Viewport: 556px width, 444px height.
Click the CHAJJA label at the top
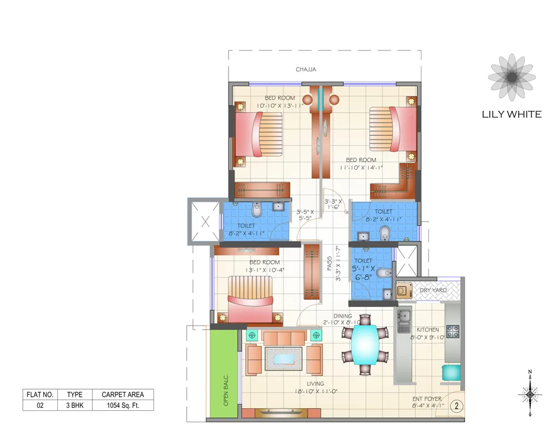coord(306,69)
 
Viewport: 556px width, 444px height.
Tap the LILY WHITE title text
coord(511,114)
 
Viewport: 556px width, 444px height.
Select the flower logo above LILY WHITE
coord(510,77)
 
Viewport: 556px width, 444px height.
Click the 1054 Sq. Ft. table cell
coord(122,405)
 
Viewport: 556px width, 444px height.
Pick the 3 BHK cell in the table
coord(75,405)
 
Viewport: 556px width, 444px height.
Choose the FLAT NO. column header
coord(40,395)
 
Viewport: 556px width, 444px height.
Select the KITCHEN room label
coord(428,330)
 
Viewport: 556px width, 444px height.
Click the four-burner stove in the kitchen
coord(453,331)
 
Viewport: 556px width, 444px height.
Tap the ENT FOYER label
coord(426,398)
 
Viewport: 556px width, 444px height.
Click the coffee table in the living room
coord(284,359)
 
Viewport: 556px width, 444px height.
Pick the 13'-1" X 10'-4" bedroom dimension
coord(265,270)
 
